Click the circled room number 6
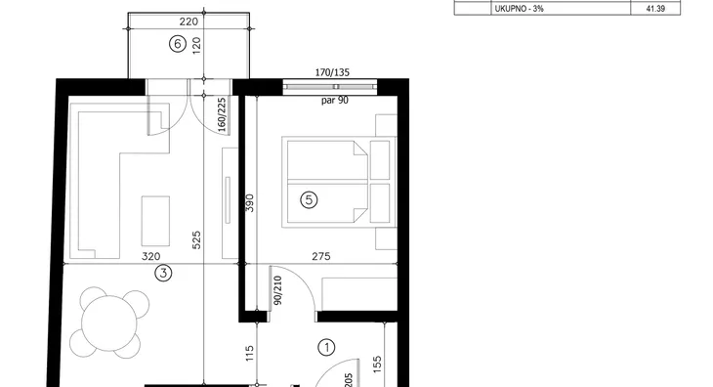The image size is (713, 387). (x=178, y=44)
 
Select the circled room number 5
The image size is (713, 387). (x=309, y=199)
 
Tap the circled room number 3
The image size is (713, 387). (x=163, y=273)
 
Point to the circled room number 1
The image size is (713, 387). (x=326, y=348)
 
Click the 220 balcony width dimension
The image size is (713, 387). (x=189, y=21)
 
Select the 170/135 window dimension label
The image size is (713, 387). (x=332, y=72)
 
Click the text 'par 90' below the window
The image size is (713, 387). (x=335, y=100)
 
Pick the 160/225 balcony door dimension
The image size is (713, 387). (x=222, y=114)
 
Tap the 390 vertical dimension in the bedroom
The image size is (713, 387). (x=250, y=203)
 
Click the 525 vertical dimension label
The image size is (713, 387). (x=196, y=239)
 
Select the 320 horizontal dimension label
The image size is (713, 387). (x=151, y=256)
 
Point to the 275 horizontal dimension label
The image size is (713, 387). (x=321, y=256)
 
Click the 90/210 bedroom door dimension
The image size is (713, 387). (x=278, y=290)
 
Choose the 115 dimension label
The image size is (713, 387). (x=250, y=354)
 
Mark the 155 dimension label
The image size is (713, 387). (x=377, y=365)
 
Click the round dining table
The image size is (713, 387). (x=109, y=322)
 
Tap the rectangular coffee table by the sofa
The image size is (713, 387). (x=155, y=221)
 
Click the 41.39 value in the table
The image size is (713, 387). (x=655, y=8)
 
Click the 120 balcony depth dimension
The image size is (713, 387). (x=196, y=46)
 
